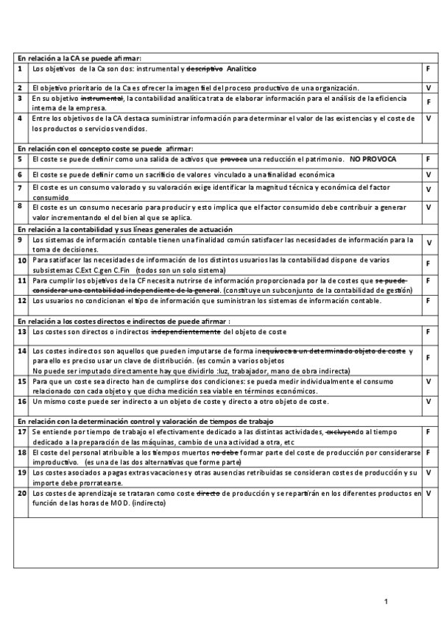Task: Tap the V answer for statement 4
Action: (428, 118)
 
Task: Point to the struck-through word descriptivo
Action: (203, 68)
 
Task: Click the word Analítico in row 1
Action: (241, 68)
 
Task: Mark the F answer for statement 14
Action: (428, 358)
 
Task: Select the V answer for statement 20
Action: (428, 492)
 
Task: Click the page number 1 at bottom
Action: (387, 603)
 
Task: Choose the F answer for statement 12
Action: (428, 301)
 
